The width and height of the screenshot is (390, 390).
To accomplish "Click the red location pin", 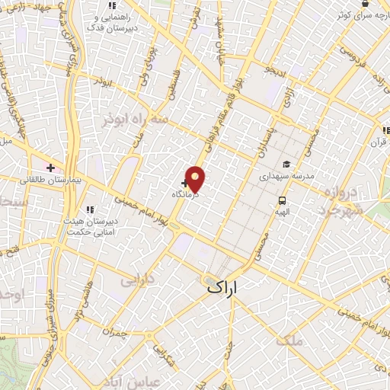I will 196,179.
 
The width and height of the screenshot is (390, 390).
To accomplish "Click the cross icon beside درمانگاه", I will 186,183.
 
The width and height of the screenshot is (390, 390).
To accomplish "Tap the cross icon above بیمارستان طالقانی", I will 50,168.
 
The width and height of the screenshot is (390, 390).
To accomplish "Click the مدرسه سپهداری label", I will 286,176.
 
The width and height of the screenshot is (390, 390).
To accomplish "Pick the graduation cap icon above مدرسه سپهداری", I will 286,163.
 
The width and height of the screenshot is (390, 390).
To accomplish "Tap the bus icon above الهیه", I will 283,201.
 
